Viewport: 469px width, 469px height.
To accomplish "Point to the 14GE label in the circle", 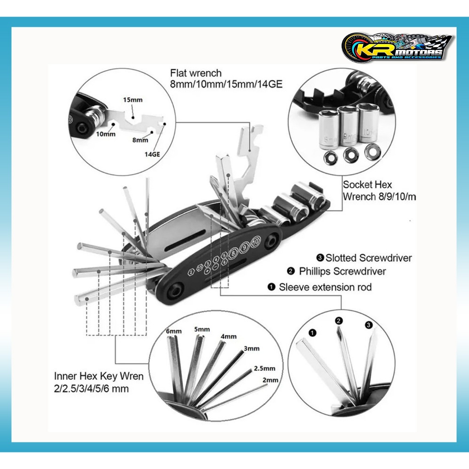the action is [152, 154].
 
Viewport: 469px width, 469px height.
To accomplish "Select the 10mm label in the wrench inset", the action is [106, 134].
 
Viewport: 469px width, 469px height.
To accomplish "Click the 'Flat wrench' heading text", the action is [196, 73].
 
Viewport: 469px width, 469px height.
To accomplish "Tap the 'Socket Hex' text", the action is [367, 185].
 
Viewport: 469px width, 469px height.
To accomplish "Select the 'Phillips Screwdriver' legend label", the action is [342, 271].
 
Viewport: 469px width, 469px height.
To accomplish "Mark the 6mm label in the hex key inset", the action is [174, 331].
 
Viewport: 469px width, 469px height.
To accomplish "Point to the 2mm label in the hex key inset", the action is [271, 380].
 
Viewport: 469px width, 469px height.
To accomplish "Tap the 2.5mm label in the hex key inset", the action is [264, 368].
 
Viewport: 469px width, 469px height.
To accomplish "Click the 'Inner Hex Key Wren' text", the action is [99, 376].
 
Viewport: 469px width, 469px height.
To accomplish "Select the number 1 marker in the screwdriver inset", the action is [312, 333].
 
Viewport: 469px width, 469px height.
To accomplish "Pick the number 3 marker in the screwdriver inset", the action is [369, 325].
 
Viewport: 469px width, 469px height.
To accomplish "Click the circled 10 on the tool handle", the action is [256, 240].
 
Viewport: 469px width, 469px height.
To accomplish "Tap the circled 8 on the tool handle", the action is [235, 251].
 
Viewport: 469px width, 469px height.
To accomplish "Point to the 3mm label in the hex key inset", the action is [251, 349].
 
